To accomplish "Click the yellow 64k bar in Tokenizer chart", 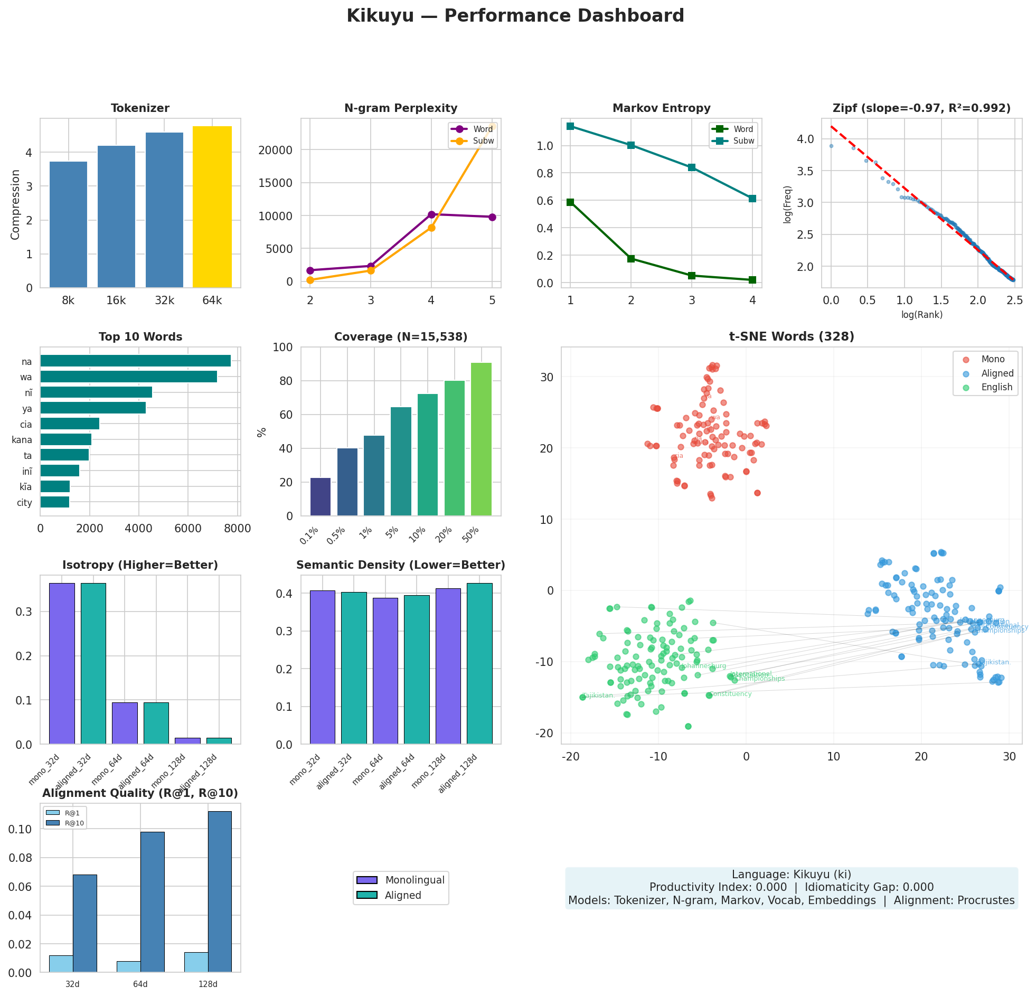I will (212, 206).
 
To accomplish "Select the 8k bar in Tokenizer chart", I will (68, 224).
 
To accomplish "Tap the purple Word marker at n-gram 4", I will (431, 214).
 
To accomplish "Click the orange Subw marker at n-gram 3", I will (371, 271).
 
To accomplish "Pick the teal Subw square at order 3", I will (691, 167).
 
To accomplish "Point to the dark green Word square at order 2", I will (630, 259).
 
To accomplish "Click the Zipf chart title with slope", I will (921, 108).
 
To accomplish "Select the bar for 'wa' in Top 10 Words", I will (128, 377).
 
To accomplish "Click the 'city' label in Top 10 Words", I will (24, 503).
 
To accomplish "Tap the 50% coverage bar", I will (481, 439).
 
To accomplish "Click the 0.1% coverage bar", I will (321, 497).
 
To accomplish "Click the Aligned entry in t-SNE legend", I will (997, 373).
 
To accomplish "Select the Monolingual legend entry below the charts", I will (415, 880).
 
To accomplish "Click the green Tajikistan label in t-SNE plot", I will (597, 696).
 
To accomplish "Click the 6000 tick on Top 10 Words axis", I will (187, 529).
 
